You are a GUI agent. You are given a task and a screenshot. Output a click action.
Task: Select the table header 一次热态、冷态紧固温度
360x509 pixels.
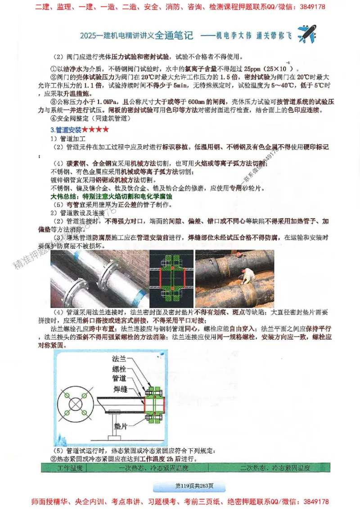(153, 468)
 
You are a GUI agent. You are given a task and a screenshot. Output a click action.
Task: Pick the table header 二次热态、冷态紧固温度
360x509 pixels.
(275, 468)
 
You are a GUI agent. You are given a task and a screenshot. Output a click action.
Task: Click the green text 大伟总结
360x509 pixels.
(63, 196)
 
